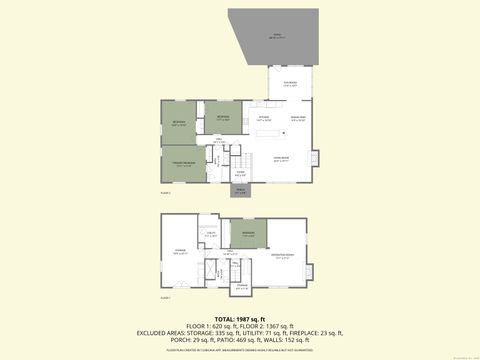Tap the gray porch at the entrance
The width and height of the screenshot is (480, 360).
[x=241, y=193]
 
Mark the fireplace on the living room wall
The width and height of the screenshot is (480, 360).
[x=316, y=159]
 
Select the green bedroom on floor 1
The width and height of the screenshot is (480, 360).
[x=244, y=236]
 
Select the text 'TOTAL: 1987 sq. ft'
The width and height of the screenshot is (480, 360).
[x=240, y=317]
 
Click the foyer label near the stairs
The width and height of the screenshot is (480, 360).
[x=240, y=173]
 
